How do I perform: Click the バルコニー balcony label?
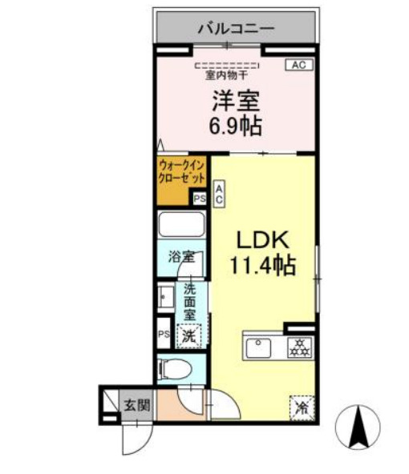point(236,28)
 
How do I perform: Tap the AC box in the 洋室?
point(299,65)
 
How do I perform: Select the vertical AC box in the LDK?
point(219,194)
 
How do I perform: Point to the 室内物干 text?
point(227,74)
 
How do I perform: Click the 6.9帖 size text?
point(236,126)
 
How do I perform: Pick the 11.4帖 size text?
point(263,265)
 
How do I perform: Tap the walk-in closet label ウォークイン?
point(181,165)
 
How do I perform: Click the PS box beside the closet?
point(200,199)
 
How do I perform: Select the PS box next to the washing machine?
point(164,334)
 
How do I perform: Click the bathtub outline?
point(181,223)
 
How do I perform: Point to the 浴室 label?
point(181,257)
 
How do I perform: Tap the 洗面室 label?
point(190,303)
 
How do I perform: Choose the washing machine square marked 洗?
point(189,336)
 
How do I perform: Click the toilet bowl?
point(175,369)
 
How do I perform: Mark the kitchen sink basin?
point(258,348)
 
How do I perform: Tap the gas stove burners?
point(300,347)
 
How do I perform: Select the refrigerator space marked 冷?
point(302,408)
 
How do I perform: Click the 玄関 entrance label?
point(138,405)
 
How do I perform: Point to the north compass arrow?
point(359,427)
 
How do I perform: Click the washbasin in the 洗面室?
point(166,298)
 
